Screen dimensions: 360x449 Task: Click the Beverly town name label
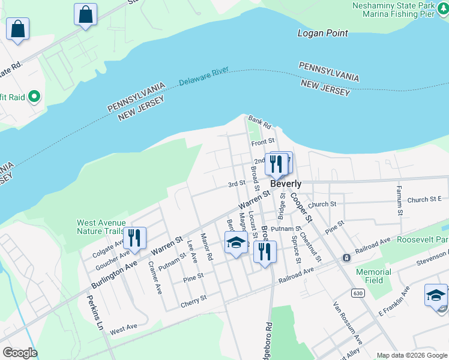point(286,184)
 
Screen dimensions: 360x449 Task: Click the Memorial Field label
point(373,276)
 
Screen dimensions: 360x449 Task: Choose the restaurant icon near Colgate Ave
point(134,238)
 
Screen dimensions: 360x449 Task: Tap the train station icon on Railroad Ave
point(346,257)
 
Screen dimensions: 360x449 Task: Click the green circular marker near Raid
point(34,95)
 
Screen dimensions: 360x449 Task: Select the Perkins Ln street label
point(95,315)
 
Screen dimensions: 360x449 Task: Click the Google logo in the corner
point(20,353)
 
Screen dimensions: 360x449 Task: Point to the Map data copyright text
point(412,355)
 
